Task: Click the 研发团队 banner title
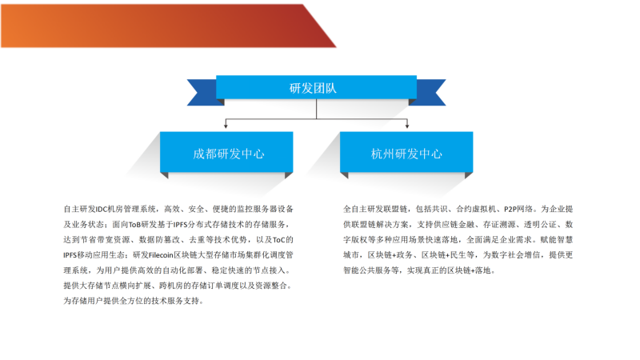(x=313, y=88)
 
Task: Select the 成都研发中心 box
(x=226, y=152)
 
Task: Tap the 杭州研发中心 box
(x=406, y=152)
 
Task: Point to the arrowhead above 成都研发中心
(x=226, y=126)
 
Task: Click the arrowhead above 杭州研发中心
(x=407, y=126)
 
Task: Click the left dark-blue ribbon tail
(x=204, y=92)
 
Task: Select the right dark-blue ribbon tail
(x=429, y=92)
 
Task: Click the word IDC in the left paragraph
(x=102, y=210)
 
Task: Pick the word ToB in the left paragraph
(x=134, y=225)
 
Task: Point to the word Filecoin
(x=161, y=255)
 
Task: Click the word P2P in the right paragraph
(x=510, y=210)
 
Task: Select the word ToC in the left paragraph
(x=278, y=240)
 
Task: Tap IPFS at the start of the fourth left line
(x=70, y=255)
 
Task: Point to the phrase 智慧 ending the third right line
(x=565, y=240)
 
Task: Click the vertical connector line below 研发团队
(x=316, y=109)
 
